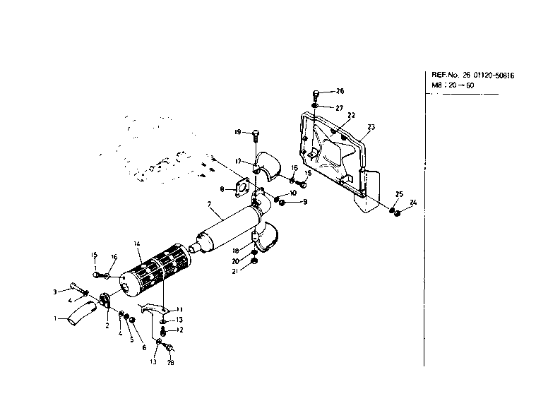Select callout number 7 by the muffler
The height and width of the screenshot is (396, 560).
pyautogui.click(x=209, y=205)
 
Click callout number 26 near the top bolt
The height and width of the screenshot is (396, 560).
pyautogui.click(x=340, y=91)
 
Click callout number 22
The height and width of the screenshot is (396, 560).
pyautogui.click(x=351, y=115)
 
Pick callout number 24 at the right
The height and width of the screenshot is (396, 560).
pyautogui.click(x=413, y=203)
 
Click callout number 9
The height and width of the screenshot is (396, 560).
pyautogui.click(x=305, y=203)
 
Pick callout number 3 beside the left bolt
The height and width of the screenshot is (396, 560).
pyautogui.click(x=54, y=292)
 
